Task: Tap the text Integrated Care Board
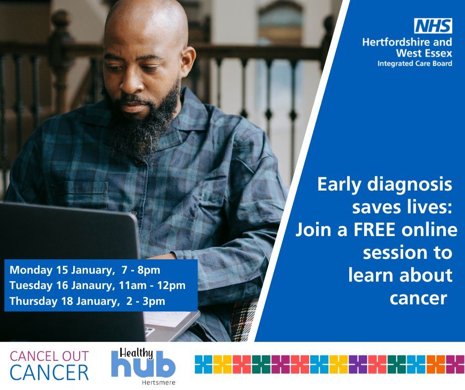[415, 64]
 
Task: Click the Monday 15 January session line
[85, 270]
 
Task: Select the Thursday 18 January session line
[88, 300]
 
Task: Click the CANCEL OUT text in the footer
[49, 356]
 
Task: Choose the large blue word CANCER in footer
[49, 372]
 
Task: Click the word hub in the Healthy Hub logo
[143, 367]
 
